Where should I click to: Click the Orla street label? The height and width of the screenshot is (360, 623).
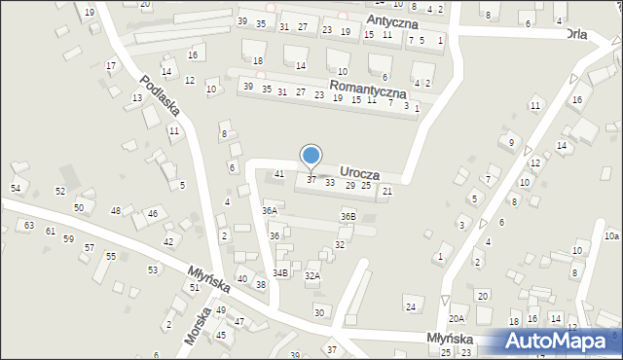[x=582, y=33]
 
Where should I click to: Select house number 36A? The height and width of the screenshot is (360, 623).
[x=270, y=210]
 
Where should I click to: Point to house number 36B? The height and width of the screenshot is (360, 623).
[x=348, y=216]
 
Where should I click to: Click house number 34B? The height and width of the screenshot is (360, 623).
[x=280, y=273]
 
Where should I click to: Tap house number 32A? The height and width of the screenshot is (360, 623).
[x=311, y=276]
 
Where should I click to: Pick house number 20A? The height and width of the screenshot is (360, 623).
[x=457, y=319]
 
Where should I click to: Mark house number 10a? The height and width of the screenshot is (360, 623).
[x=610, y=235]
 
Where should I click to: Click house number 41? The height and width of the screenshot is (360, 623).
[x=278, y=174]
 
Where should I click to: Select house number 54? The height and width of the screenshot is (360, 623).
[x=16, y=188]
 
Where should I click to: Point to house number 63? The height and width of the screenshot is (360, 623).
[x=29, y=226]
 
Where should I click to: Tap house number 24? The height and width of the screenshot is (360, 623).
[x=411, y=307]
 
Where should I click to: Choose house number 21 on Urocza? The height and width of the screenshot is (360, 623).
[x=386, y=192]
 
